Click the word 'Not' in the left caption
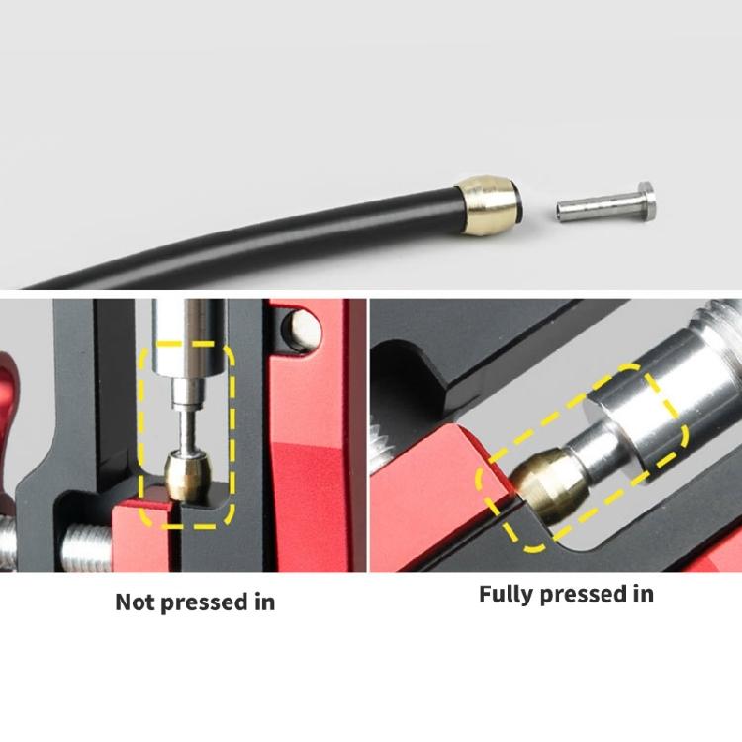coord(137,601)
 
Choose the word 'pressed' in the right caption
coord(584,595)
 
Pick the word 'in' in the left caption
coord(264,601)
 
